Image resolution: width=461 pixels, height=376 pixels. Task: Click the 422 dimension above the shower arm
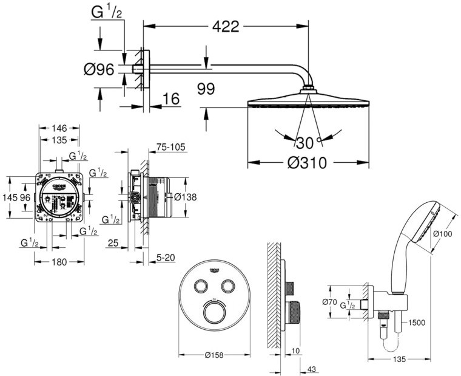click(226, 26)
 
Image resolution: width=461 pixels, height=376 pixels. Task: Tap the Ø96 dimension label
click(99, 70)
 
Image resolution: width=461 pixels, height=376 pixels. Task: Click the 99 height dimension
click(206, 89)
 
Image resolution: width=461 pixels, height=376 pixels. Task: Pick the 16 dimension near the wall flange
click(172, 99)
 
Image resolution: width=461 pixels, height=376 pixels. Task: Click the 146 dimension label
click(59, 128)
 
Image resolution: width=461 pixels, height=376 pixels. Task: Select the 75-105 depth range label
click(170, 147)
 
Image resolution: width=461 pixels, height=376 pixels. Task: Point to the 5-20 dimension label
click(165, 258)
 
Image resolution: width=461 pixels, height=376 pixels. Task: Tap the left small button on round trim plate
click(201, 286)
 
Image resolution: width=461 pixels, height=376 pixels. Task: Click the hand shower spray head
click(429, 222)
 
